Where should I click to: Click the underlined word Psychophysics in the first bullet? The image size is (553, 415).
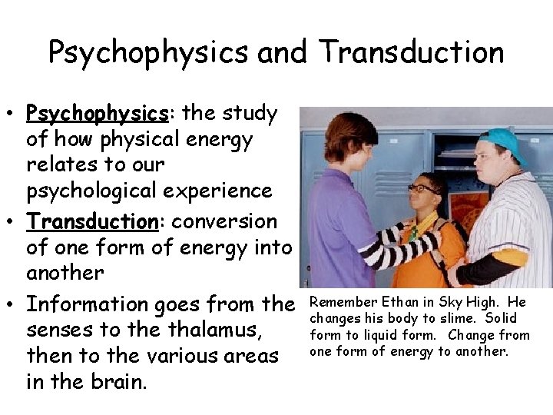click(97, 115)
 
